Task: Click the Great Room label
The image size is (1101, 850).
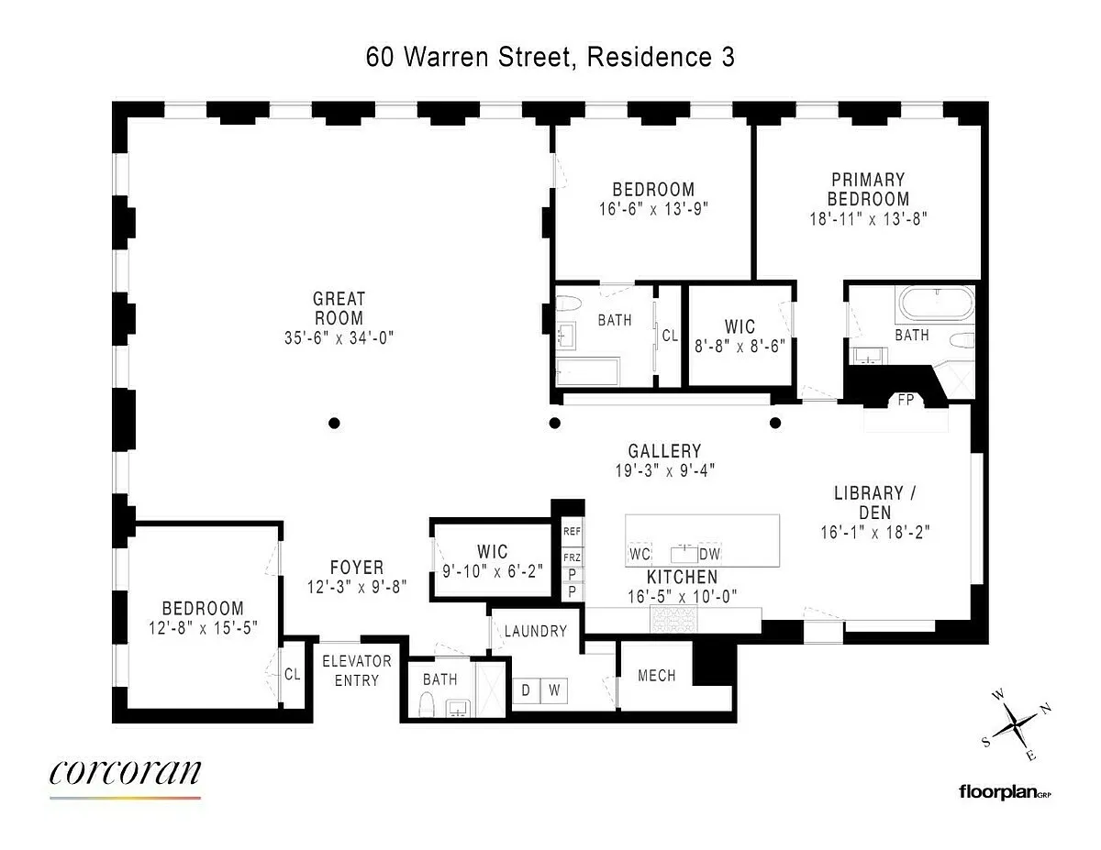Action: pos(339,308)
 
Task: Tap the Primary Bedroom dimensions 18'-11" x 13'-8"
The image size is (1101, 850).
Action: pos(868,219)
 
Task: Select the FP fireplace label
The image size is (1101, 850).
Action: pos(906,400)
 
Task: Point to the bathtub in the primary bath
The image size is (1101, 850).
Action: pos(937,304)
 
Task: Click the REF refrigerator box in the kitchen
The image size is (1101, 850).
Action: pos(572,532)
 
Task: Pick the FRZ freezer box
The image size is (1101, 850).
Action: pos(572,557)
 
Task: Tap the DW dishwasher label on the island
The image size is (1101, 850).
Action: pos(709,554)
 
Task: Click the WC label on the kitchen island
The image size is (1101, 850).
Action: pos(639,554)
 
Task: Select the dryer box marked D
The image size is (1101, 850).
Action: pos(526,690)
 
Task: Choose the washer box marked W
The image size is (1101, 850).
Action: pos(554,690)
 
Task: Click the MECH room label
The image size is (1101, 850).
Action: pos(657,676)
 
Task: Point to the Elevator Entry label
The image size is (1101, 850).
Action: pos(357,670)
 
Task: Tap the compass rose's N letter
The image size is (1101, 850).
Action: pos(1046,708)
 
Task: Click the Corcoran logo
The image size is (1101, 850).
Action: pos(125,774)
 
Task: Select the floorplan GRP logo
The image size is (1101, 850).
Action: pos(1006,792)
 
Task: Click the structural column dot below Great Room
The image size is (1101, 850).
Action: pos(334,424)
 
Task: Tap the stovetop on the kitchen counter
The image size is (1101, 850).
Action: pos(673,620)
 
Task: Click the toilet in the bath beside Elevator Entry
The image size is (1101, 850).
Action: pos(428,704)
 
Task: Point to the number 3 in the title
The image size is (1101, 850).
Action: pos(728,57)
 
